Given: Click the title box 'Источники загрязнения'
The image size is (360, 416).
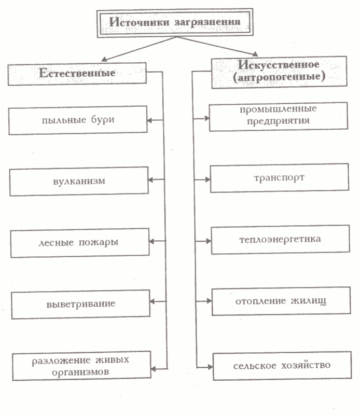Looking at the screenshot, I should point(174,24).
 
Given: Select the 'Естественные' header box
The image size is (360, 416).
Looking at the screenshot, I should point(77,74).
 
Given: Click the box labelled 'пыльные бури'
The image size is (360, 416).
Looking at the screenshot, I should point(78,120).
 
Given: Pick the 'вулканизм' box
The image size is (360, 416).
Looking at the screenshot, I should point(78,181).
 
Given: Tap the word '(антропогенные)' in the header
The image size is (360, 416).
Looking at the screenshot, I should point(279,76).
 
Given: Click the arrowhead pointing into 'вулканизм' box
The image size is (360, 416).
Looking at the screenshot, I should point(151,180).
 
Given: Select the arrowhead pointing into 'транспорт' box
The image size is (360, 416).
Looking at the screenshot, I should point(207,179).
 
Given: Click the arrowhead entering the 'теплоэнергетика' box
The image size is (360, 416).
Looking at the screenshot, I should point(208,241).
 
